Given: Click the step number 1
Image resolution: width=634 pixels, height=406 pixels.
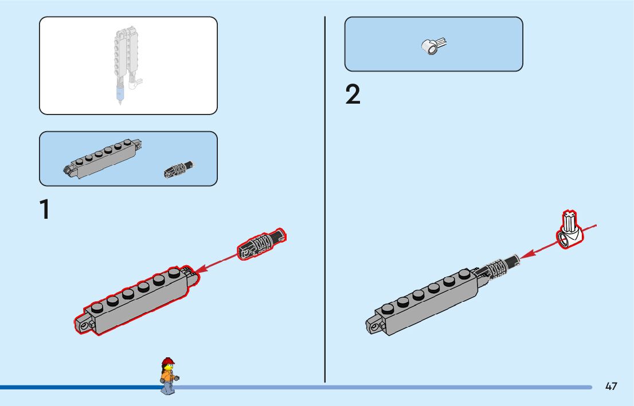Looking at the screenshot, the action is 44,210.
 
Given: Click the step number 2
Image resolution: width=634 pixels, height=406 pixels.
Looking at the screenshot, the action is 353,95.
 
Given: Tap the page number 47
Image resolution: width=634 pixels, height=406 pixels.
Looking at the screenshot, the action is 611,387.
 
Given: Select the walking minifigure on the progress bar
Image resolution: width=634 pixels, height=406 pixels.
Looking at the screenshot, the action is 168,376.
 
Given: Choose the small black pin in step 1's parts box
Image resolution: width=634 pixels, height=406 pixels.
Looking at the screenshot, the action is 179,169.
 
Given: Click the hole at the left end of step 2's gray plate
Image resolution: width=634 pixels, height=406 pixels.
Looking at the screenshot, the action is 375,327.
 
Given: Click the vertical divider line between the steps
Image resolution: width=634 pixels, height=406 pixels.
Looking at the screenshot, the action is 325,200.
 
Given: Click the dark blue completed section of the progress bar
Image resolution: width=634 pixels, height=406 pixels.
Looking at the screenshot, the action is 80,388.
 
